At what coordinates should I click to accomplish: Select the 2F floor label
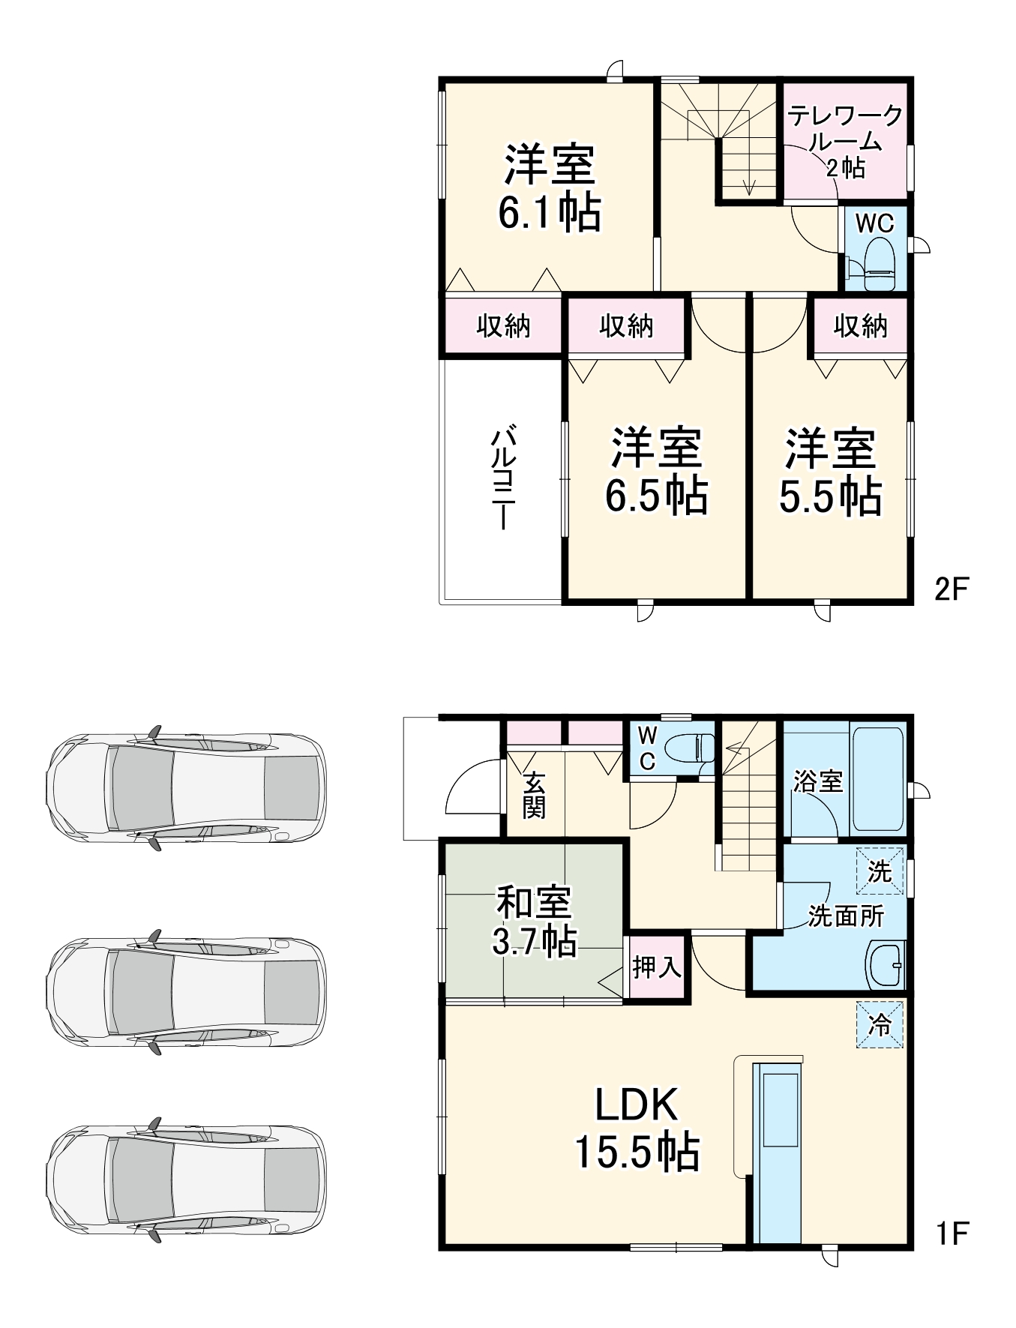pos(952,589)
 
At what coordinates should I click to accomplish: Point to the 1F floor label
pos(953,1234)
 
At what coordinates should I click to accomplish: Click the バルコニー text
pos(502,478)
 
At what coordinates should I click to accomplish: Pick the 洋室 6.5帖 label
pos(657,472)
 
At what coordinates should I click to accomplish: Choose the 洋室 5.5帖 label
pos(830,472)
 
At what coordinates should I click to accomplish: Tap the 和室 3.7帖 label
pos(535,922)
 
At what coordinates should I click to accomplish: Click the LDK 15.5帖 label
pos(637,1129)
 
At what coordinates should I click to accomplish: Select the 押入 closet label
pos(657,967)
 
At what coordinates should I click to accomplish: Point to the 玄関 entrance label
pos(534,794)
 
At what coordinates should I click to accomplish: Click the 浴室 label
pos(818,781)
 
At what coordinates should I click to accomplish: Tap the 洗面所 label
pos(846,916)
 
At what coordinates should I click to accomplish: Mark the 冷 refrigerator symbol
pos(880,1024)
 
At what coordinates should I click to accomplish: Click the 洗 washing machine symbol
pos(880,871)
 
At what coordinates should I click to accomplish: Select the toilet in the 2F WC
pos(878,265)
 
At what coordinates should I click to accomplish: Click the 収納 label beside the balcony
pos(503,326)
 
